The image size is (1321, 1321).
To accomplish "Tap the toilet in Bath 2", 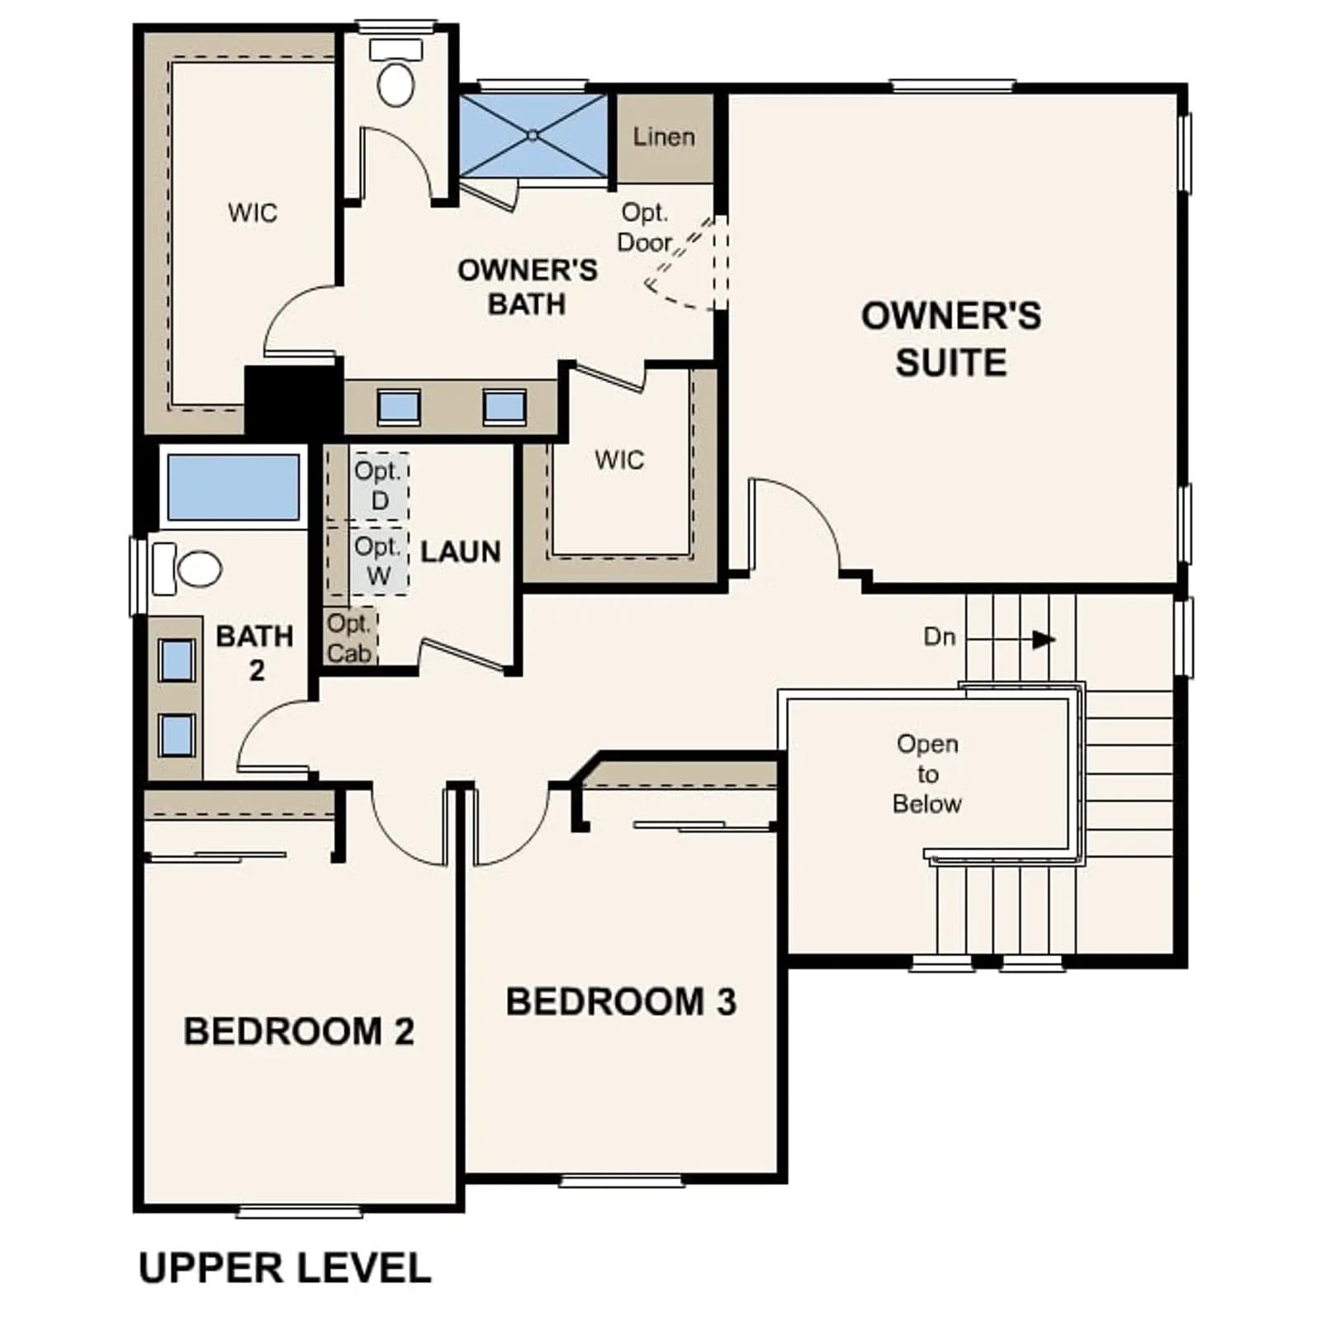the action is click(x=187, y=569).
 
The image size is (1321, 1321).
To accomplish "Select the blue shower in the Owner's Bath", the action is click(x=533, y=135).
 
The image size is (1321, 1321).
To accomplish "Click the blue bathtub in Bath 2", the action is click(x=234, y=486).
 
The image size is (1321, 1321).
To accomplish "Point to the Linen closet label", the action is click(x=664, y=137).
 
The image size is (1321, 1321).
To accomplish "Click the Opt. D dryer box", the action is click(x=379, y=485).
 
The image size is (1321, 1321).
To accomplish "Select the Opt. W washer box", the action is click(x=379, y=561).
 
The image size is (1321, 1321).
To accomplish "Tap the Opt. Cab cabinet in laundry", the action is click(x=350, y=637).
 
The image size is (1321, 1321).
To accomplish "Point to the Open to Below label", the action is click(x=927, y=774).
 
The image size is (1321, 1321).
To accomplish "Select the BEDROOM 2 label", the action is click(x=299, y=1031).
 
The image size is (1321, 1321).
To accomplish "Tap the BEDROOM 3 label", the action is click(x=621, y=1001).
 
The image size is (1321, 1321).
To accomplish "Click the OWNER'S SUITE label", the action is click(x=951, y=339).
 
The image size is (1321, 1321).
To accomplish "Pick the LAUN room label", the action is click(x=461, y=552).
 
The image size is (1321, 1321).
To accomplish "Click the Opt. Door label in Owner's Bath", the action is click(x=645, y=227).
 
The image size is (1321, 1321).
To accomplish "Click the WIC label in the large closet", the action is click(x=253, y=213).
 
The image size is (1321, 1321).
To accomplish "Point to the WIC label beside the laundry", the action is click(x=619, y=460).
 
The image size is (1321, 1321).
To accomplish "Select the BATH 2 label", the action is click(x=255, y=652).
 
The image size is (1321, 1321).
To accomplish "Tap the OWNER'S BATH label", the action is click(x=528, y=286).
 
